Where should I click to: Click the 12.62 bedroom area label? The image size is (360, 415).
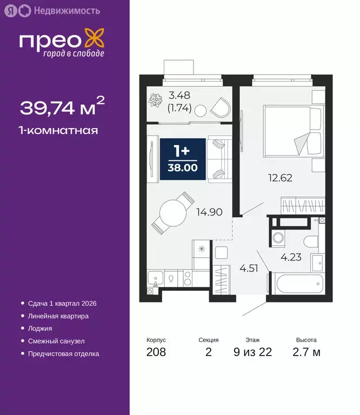point(281,177)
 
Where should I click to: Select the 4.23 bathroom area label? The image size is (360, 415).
point(291,257)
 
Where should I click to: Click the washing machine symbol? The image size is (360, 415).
point(279,237)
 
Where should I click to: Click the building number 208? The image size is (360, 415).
point(156,353)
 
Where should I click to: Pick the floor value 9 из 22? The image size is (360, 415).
point(253,353)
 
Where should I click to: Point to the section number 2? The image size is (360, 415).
point(208,353)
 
